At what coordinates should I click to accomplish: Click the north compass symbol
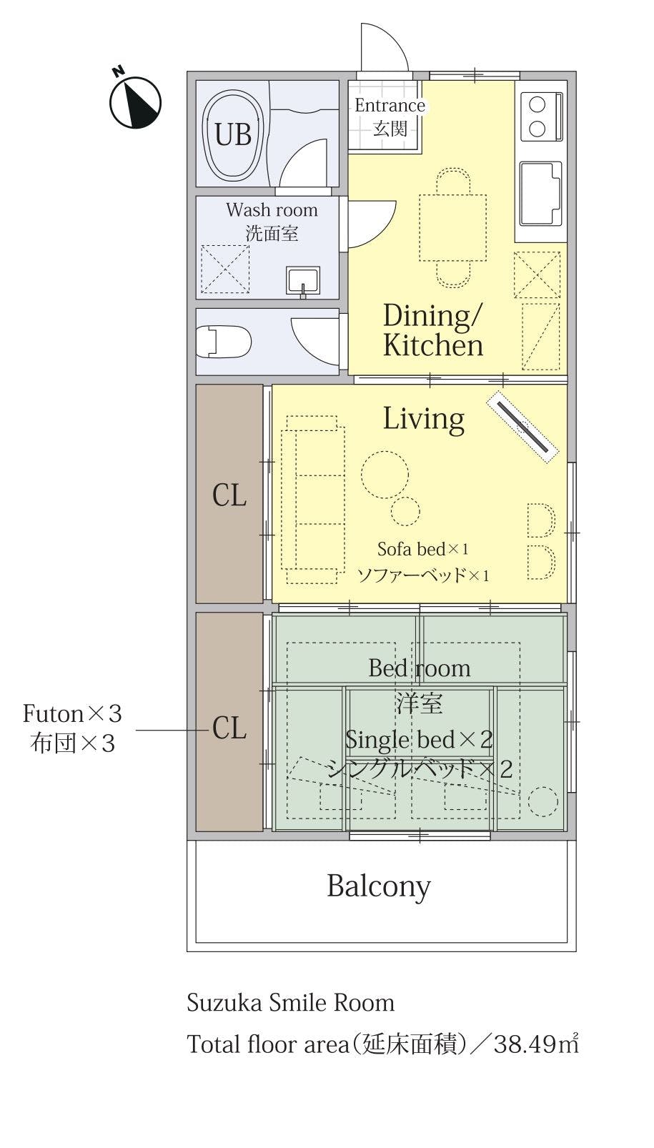click(x=135, y=101)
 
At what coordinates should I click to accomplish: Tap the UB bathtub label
click(x=233, y=135)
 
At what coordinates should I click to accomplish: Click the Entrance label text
click(x=390, y=106)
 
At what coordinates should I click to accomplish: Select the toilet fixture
click(x=224, y=341)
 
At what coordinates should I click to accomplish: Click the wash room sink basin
click(x=303, y=282)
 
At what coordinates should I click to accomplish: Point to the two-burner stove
click(x=541, y=117)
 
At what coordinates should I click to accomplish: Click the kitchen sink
click(x=541, y=194)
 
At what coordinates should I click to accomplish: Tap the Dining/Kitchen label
click(x=433, y=330)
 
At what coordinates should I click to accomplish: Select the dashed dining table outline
click(x=452, y=227)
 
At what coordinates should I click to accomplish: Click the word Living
click(x=424, y=419)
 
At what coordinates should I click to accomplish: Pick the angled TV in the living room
click(x=522, y=427)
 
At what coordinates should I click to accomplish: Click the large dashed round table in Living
click(x=385, y=474)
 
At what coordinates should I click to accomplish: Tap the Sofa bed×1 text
click(x=423, y=550)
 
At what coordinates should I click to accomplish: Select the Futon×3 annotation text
click(x=72, y=714)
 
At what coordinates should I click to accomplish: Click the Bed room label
click(x=420, y=668)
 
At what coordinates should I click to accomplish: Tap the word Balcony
click(x=379, y=886)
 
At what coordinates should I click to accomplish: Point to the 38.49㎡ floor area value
click(x=536, y=1044)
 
